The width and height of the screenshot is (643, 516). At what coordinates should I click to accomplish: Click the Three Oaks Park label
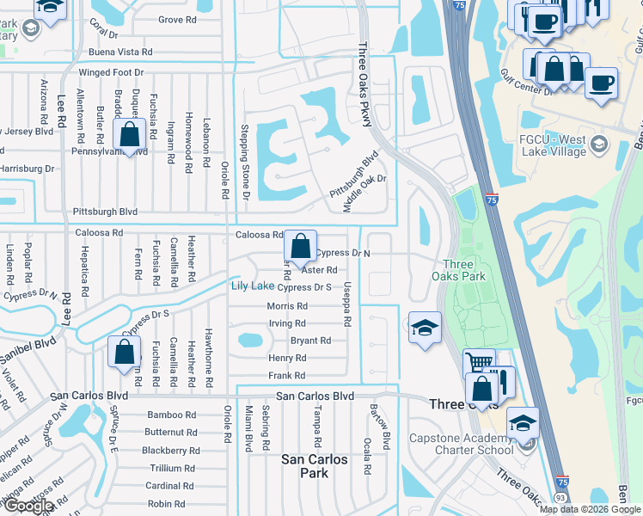point(464,270)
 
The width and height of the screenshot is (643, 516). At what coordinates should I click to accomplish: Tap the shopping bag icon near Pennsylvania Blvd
point(130,135)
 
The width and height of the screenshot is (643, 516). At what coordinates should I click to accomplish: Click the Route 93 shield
point(561,498)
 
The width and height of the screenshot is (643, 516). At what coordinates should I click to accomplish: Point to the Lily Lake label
point(251,286)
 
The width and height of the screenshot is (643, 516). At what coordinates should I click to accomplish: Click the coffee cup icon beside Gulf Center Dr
point(602,83)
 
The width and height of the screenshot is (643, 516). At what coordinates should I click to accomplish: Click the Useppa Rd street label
point(347,304)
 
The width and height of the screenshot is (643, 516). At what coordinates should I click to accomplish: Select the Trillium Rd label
point(172,469)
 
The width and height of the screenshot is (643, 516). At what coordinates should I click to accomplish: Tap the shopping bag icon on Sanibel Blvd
point(124,351)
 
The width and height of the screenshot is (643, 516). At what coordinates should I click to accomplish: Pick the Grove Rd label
point(178,19)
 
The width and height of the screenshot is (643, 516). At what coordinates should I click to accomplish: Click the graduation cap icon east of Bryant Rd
point(425,328)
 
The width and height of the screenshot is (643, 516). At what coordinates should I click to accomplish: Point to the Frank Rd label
point(287,376)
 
